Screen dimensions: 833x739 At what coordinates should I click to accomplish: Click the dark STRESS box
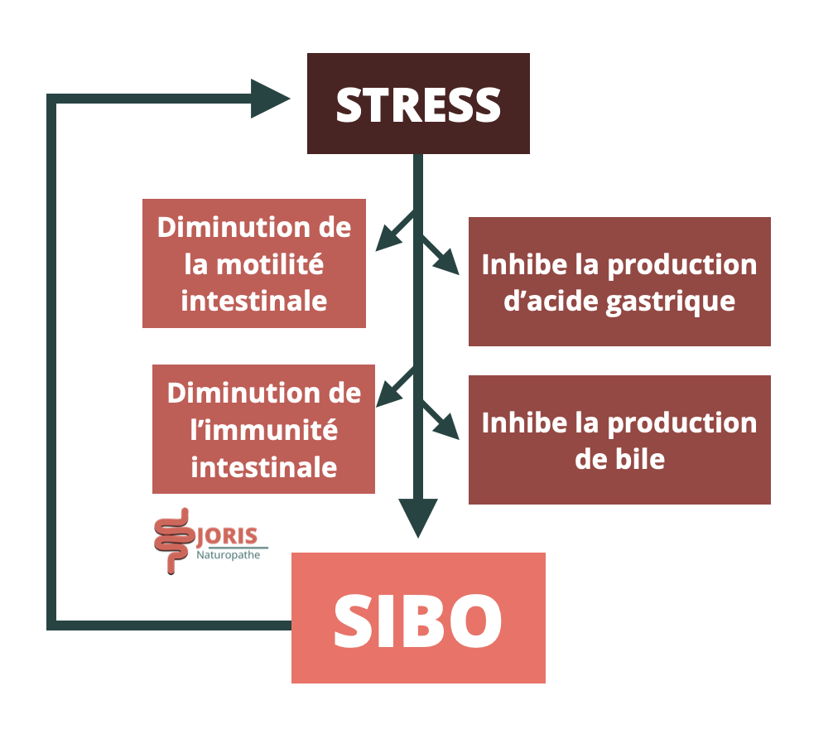pos(418,104)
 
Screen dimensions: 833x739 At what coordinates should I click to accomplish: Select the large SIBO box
pos(418,618)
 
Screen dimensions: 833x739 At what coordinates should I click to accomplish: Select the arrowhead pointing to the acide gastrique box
pos(450,263)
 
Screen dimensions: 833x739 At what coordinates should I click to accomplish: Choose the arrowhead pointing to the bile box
pos(450,427)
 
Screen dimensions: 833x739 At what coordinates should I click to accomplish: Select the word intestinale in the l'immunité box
pos(263,466)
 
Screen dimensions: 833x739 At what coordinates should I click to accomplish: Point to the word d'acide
pos(551,300)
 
